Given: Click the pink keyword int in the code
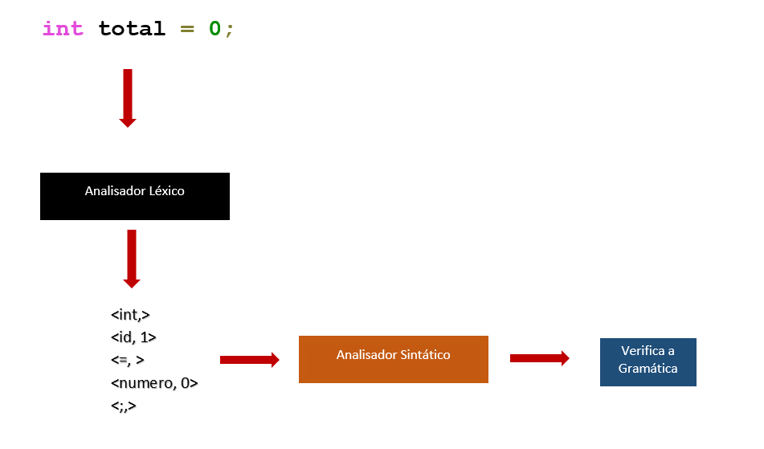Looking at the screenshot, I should [63, 29].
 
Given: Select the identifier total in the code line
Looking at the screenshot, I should [132, 29].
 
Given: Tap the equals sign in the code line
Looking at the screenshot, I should [187, 29].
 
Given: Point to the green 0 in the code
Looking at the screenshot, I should [214, 29].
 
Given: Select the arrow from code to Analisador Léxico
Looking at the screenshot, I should [127, 97].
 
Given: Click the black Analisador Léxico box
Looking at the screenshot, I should [135, 196].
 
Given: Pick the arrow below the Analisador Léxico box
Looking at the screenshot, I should [132, 258].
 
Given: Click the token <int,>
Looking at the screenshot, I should [131, 314].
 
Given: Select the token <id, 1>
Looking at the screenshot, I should [133, 337].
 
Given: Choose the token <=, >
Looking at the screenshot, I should [128, 361].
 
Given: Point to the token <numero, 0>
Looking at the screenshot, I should [154, 383].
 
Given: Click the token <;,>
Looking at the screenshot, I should [124, 406].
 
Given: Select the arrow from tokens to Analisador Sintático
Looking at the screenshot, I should [249, 360].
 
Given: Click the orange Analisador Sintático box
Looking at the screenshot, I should [393, 359].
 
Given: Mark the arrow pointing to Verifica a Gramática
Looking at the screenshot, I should [539, 358].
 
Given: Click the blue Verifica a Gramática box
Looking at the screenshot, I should [648, 361].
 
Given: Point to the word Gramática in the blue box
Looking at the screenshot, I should [648, 369].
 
